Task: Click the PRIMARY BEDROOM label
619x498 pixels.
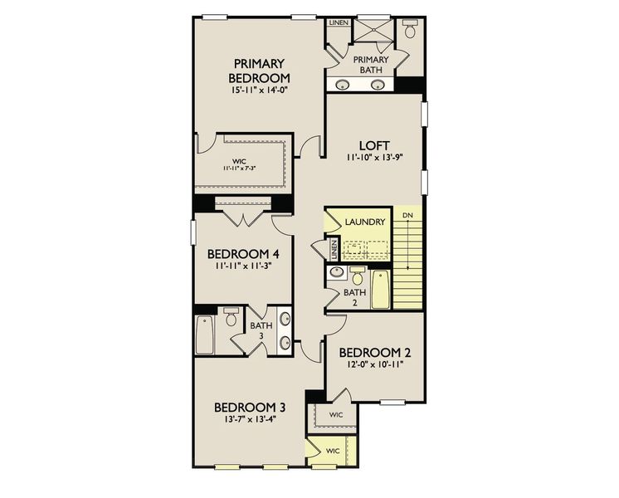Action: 259,71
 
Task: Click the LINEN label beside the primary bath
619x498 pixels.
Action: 338,22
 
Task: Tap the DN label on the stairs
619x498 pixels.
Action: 407,216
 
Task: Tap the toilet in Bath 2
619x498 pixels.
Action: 358,276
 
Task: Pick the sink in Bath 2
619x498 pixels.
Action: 337,273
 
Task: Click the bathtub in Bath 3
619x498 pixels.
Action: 205,334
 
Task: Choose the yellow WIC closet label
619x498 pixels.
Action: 333,451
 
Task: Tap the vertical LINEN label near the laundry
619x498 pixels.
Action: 334,248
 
